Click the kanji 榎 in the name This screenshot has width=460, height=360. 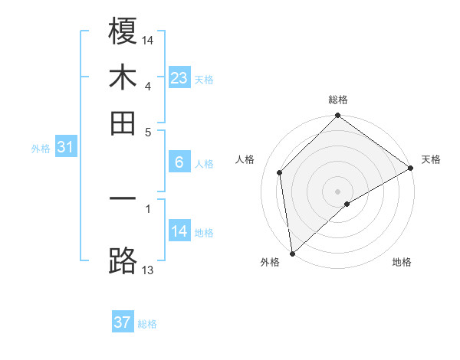(x=123, y=34)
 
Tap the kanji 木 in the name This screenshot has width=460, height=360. (x=123, y=77)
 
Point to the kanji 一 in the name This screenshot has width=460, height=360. (x=123, y=200)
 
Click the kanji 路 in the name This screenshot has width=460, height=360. (x=123, y=260)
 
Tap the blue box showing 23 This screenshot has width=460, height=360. (x=179, y=77)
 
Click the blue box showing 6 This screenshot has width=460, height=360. (x=179, y=162)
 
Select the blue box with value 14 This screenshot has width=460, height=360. (x=179, y=231)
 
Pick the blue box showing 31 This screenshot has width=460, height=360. (x=64, y=148)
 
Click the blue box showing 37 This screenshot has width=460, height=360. (x=122, y=322)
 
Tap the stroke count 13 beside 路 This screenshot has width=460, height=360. (x=148, y=269)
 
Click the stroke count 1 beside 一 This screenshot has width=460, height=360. (x=148, y=207)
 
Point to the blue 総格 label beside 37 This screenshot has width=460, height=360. (x=147, y=324)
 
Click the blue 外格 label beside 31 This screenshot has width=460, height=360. (x=40, y=149)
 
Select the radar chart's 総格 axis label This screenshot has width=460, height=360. (x=338, y=100)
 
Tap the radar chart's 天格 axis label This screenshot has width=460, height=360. (x=431, y=159)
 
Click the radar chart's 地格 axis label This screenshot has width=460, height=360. (x=402, y=263)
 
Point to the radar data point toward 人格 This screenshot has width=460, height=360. (x=280, y=172)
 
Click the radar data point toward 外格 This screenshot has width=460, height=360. (x=292, y=254)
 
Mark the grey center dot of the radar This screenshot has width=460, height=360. (x=338, y=191)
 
